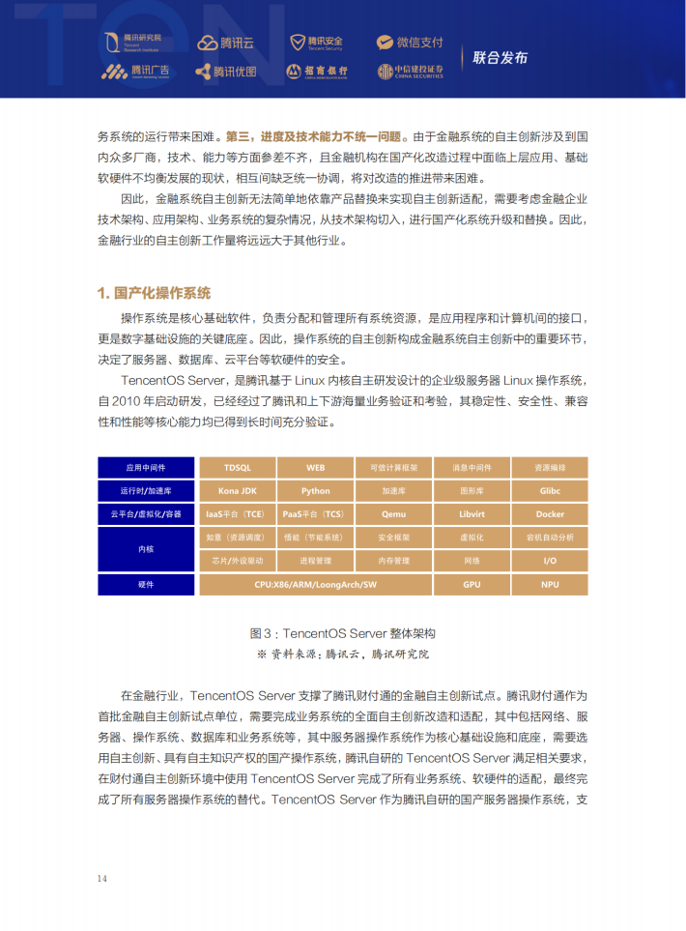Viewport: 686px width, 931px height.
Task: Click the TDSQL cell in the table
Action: [x=237, y=467]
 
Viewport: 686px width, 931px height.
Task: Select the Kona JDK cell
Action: [x=237, y=490]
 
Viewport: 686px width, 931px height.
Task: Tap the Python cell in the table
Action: [x=315, y=490]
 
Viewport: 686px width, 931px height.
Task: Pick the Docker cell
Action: [x=550, y=513]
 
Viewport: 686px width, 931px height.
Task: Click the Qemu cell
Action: [x=393, y=513]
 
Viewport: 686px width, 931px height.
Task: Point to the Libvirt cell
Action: [x=472, y=513]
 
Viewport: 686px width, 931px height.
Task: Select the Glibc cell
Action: [x=550, y=490]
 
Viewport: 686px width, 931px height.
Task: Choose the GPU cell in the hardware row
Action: [x=472, y=584]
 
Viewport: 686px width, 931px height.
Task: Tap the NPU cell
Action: [x=550, y=584]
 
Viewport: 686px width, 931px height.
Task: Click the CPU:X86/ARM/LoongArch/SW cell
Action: [x=315, y=584]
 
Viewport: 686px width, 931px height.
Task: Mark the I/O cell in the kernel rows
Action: [x=550, y=561]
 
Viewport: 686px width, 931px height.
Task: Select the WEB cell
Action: [x=315, y=467]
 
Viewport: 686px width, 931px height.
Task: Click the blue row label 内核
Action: [x=146, y=549]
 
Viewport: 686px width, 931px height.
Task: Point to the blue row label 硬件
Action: [x=146, y=584]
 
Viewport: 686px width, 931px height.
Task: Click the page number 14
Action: [x=101, y=878]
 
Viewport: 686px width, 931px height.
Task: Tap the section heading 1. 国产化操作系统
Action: [x=154, y=293]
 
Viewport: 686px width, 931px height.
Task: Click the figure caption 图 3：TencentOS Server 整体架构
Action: [x=343, y=633]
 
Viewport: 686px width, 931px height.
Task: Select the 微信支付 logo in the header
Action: [x=410, y=43]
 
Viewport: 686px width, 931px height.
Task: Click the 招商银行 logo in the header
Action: [x=316, y=72]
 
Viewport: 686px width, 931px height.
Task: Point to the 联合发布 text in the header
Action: [x=500, y=57]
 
